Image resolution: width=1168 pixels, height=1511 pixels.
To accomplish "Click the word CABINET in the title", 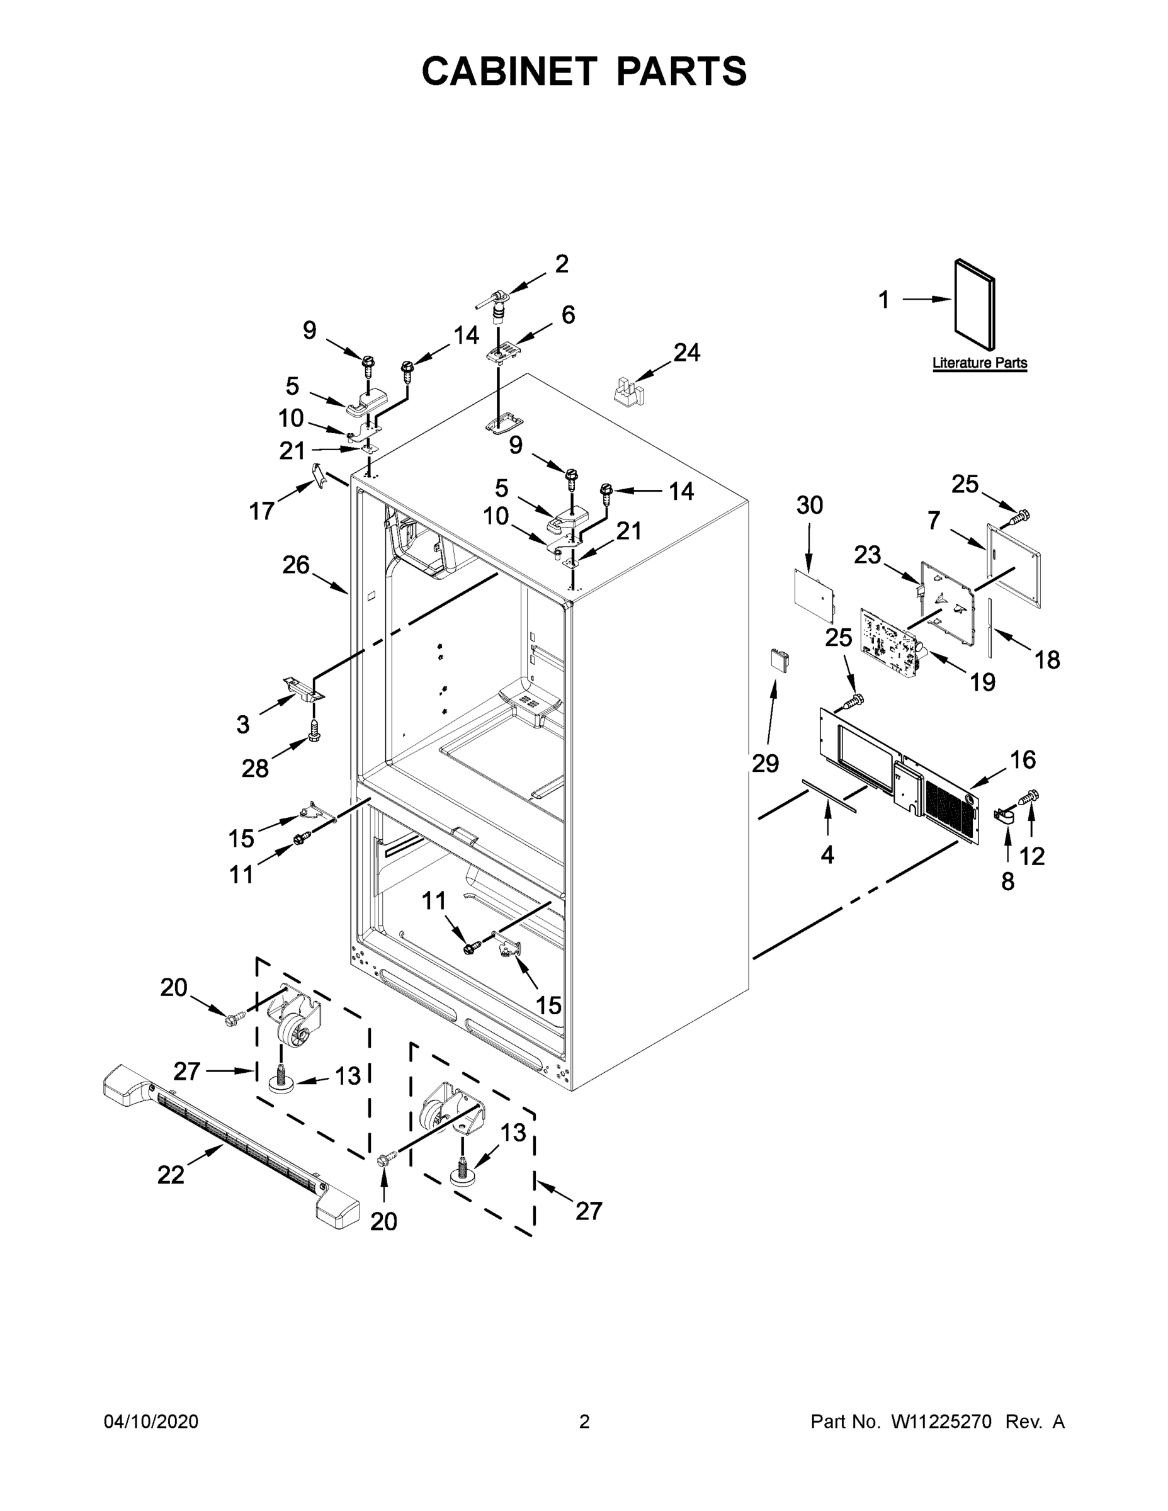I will (x=509, y=71).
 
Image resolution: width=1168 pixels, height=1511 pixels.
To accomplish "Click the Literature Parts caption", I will (x=979, y=363).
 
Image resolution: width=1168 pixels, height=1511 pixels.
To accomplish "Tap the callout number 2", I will (x=562, y=264).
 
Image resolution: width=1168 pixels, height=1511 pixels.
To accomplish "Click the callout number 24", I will (x=686, y=353).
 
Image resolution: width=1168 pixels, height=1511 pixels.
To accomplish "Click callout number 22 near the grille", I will (x=171, y=1174).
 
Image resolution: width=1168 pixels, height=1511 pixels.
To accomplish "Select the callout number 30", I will (x=809, y=505).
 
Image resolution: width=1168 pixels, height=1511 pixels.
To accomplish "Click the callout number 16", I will (x=1023, y=760).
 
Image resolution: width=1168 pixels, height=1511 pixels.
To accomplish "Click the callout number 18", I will (x=1047, y=660).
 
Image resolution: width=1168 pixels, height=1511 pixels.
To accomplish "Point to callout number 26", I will (x=295, y=565).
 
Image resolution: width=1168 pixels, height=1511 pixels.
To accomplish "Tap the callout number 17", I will (x=262, y=511).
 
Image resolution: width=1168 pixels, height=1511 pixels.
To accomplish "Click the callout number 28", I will (x=254, y=768).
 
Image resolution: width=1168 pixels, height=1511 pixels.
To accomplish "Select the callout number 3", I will (x=242, y=725).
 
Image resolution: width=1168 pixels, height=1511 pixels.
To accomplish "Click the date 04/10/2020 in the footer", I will (x=151, y=1422).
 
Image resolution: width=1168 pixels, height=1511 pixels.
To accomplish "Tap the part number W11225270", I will (x=941, y=1422).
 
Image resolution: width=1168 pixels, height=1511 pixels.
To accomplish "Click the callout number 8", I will (x=1007, y=881).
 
